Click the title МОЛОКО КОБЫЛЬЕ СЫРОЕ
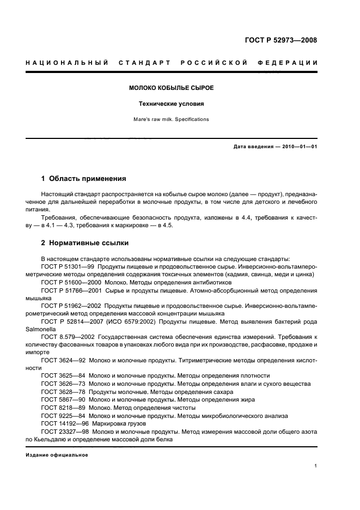[x=171, y=88]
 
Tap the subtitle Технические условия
[x=171, y=104]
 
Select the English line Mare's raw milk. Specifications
[x=171, y=119]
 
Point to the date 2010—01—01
[x=298, y=147]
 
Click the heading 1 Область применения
[x=84, y=178]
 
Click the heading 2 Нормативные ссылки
[x=85, y=243]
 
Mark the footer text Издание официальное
[x=57, y=455]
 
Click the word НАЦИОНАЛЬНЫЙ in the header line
[x=66, y=63]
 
